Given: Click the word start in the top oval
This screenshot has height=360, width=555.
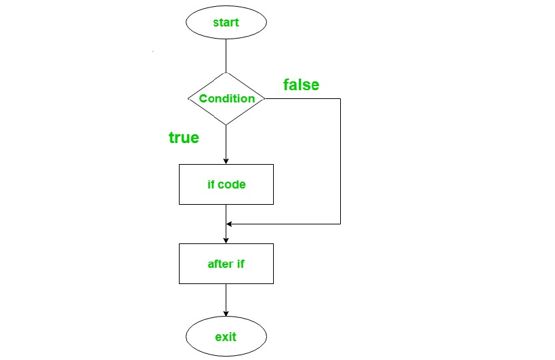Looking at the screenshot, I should (x=226, y=22).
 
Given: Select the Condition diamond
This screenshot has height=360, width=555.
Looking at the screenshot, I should (x=226, y=98).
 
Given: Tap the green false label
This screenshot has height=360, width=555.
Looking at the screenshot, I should (x=301, y=85).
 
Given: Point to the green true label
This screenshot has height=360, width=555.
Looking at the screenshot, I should (x=184, y=138).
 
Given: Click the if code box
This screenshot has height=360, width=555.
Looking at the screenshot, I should (x=226, y=184).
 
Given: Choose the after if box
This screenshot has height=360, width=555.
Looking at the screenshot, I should (x=226, y=264).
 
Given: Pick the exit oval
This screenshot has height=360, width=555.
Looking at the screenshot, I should (x=226, y=336).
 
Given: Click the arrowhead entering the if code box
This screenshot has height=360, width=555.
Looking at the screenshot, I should (x=226, y=161).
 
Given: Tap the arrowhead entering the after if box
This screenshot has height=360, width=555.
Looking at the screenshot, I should (x=226, y=241).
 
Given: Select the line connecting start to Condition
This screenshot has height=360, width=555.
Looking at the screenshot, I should (x=226, y=55).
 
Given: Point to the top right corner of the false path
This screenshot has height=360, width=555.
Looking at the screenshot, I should (x=340, y=99).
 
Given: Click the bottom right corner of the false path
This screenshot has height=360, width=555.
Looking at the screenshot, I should (x=340, y=223).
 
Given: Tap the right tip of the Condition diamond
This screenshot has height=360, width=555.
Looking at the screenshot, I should (x=264, y=99).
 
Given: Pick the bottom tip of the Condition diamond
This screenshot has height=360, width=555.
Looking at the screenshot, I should (x=226, y=125).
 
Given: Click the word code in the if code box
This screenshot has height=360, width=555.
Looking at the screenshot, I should (x=232, y=184).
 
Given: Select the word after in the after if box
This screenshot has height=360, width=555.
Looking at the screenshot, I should (x=220, y=264).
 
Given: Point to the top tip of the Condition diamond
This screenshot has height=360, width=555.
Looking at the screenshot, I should (x=226, y=72).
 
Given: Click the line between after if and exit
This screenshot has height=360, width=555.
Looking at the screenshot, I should (x=226, y=298).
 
